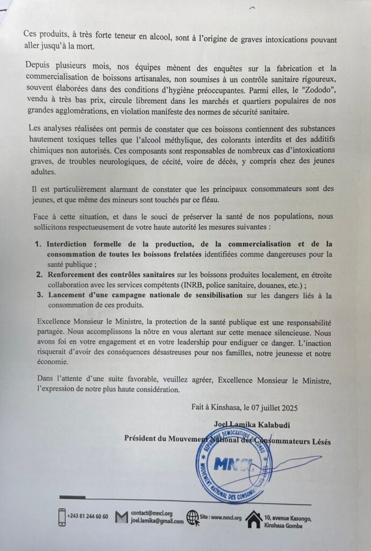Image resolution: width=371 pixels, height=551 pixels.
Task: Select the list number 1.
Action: [38, 244]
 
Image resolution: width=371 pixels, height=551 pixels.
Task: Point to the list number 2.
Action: [38, 274]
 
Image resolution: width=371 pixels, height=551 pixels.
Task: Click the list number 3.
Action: [38, 295]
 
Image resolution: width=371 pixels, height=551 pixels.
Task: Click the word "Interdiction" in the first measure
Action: [74, 244]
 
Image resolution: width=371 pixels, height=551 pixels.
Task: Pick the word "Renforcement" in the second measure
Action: [75, 274]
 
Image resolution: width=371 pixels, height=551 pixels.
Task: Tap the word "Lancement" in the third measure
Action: [68, 295]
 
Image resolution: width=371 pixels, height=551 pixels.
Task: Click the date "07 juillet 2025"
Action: [281, 407]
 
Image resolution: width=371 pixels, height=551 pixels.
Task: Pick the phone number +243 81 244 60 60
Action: [88, 517]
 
